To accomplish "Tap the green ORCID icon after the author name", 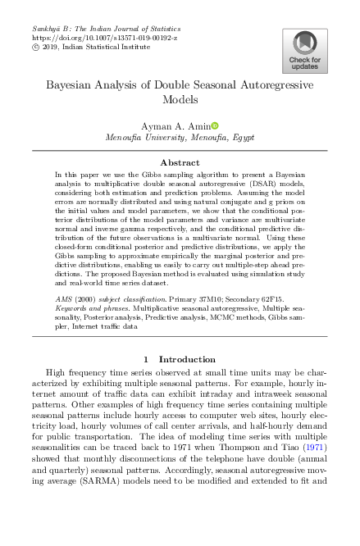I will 215,125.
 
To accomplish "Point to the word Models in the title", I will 179,100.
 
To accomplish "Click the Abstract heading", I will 180,163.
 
